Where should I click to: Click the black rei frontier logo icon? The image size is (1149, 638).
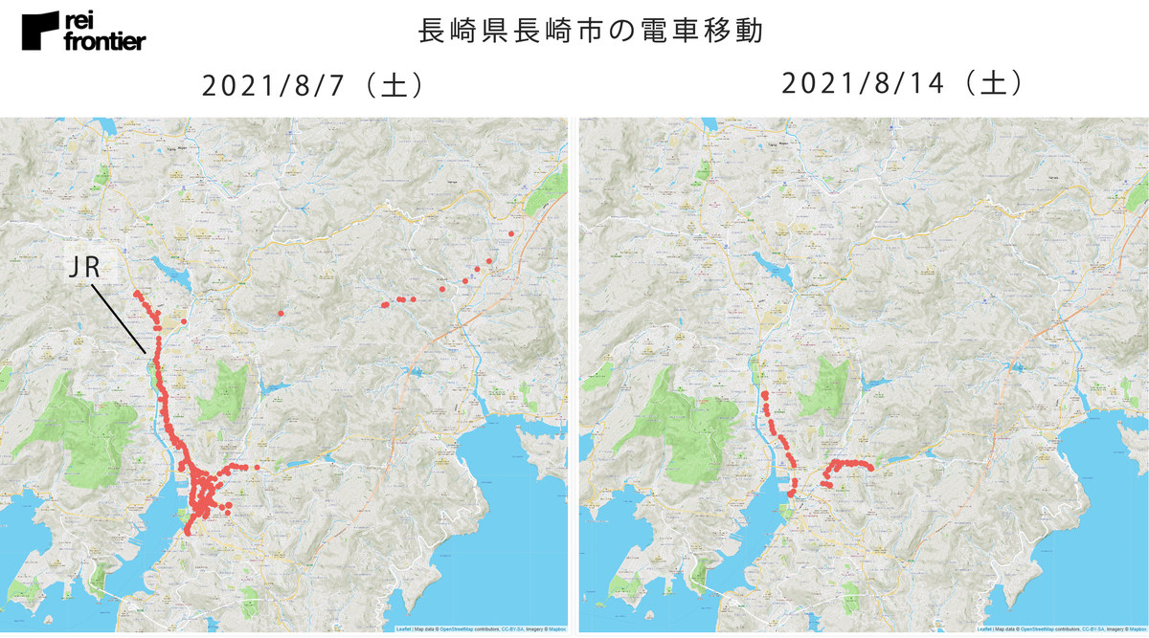[41, 32]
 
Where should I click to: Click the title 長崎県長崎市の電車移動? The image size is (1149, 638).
[591, 31]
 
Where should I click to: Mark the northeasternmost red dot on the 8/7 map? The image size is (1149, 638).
[511, 233]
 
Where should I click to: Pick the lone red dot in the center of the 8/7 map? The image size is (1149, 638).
[281, 314]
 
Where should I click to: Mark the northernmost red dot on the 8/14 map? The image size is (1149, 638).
[765, 394]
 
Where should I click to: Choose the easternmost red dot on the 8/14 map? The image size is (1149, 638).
[871, 468]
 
